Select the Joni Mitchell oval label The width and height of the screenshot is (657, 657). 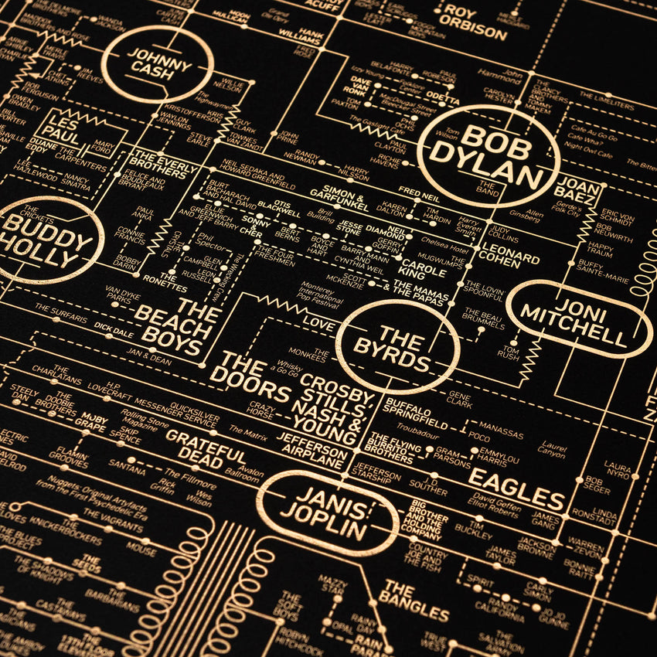click(578, 319)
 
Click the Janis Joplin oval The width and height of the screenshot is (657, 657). click(322, 512)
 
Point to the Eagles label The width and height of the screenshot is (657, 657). click(516, 478)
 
